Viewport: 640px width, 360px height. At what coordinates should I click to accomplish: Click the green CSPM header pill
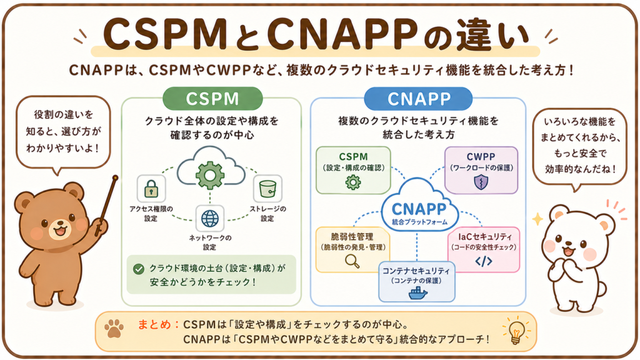tap(212, 98)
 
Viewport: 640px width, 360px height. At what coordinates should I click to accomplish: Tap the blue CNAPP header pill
tap(418, 99)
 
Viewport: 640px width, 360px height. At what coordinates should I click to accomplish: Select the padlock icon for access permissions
tap(151, 189)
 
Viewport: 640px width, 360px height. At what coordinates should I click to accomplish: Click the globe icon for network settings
tap(210, 218)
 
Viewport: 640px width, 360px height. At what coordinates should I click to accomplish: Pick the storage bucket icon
tap(267, 189)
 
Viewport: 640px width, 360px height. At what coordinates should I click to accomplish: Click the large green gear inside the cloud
tap(210, 175)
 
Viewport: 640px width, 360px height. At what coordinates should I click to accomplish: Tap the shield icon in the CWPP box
tap(481, 182)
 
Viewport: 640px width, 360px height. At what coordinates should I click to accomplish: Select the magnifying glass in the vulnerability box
tap(352, 261)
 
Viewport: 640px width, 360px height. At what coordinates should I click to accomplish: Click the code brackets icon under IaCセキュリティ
tap(484, 261)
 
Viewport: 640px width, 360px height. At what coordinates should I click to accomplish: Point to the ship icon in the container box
tap(417, 292)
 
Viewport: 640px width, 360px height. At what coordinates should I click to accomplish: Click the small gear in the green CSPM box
tap(353, 182)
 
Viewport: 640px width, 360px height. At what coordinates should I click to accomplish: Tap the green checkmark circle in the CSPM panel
tap(139, 269)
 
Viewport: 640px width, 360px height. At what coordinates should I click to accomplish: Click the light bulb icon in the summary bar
tap(516, 330)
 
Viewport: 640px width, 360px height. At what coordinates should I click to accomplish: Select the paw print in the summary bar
tap(114, 328)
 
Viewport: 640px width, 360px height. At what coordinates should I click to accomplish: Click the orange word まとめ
tap(154, 324)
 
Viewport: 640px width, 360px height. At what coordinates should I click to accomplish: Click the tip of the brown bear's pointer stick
tap(116, 178)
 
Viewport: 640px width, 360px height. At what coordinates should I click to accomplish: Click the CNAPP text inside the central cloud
tap(419, 209)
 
